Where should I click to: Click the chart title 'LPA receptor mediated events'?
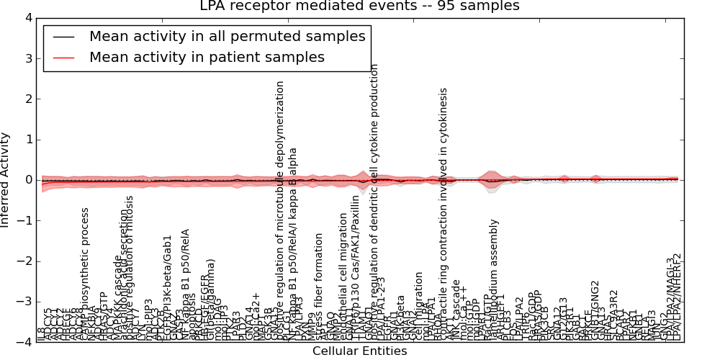click(359, 6)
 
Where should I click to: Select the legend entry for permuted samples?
click(227, 36)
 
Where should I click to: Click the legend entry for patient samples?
click(207, 57)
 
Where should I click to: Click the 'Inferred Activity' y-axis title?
click(6, 180)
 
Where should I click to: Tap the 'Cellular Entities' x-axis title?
click(359, 351)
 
